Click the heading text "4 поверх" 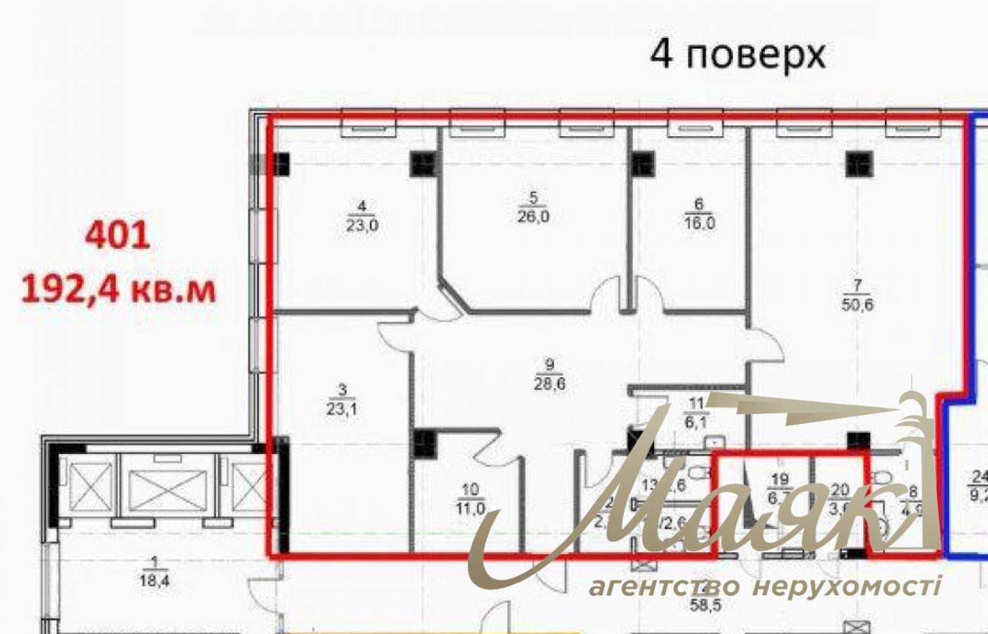point(737,54)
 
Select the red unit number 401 point(117,236)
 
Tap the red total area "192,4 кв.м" point(119,289)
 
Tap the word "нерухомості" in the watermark point(846,585)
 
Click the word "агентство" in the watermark point(664,585)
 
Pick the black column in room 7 point(860,164)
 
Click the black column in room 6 point(642,164)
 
